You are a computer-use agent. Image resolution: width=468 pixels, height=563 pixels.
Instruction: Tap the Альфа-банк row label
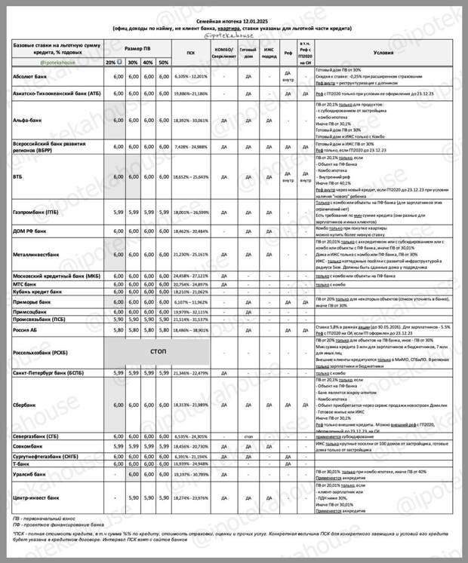(x=29, y=119)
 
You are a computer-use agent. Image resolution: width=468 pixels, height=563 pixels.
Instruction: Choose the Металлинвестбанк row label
(x=39, y=265)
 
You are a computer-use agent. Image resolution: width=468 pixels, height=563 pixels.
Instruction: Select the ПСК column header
(x=190, y=53)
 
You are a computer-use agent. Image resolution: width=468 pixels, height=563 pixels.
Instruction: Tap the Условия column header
(x=383, y=53)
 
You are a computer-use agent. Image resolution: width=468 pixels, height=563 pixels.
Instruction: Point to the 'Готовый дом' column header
(x=247, y=53)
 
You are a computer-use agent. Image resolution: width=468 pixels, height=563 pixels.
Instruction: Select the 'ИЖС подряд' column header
(x=269, y=53)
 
